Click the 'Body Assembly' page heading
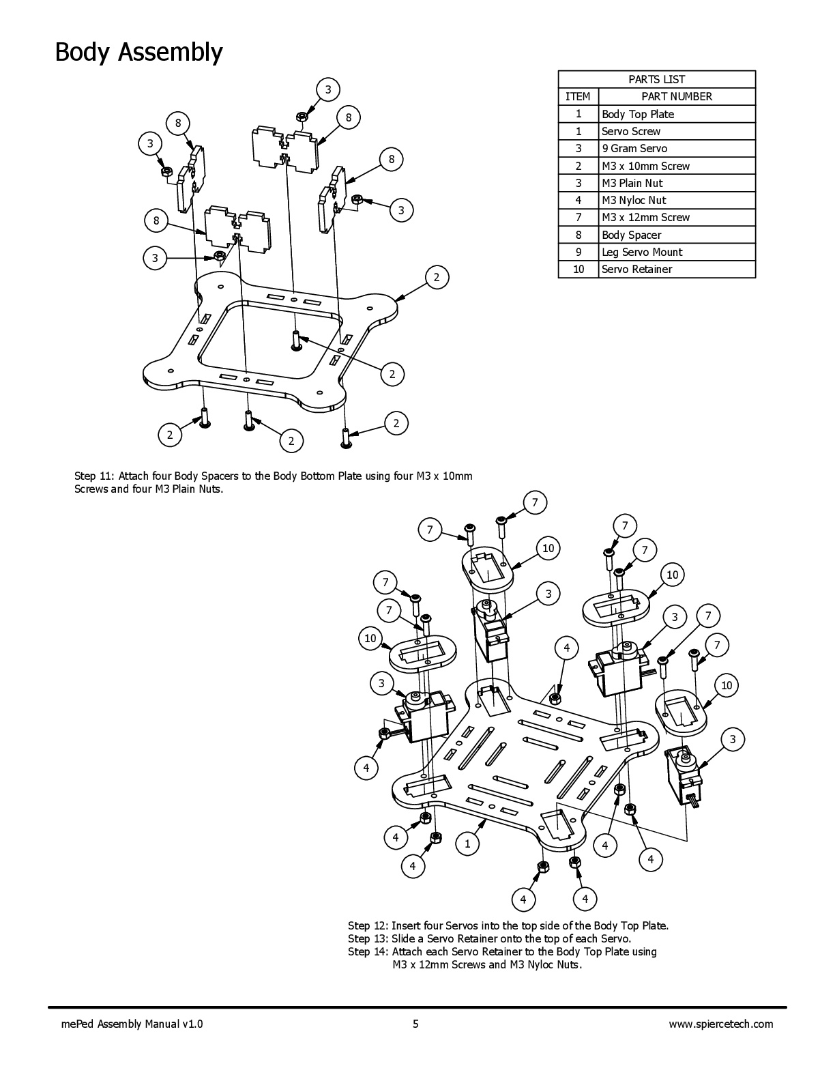coord(138,52)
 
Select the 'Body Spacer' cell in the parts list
coord(631,235)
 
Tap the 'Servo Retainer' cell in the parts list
coord(636,269)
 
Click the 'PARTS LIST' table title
coord(656,79)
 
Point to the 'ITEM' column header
coord(578,96)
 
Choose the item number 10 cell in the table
coord(578,269)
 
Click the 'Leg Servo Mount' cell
coord(641,252)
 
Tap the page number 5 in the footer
coord(415,1024)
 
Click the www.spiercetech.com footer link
coord(721,1024)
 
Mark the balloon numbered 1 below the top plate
coord(467,844)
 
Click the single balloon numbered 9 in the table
coord(578,252)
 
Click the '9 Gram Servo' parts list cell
coord(634,148)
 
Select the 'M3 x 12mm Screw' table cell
coord(645,217)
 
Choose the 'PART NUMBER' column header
coord(676,96)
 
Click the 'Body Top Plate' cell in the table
coord(637,114)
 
